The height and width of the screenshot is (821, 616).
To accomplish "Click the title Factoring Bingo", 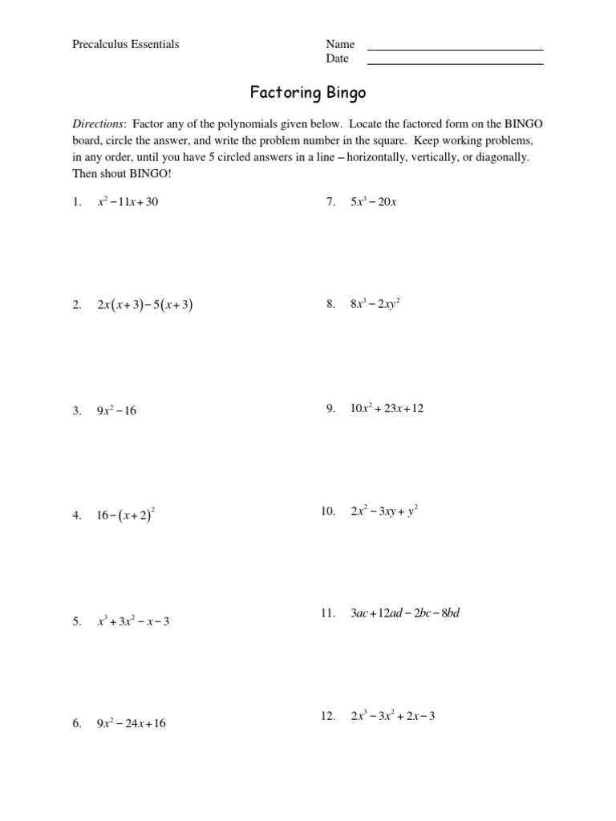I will click(x=308, y=93).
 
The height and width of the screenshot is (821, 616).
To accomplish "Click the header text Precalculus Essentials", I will click(x=126, y=44).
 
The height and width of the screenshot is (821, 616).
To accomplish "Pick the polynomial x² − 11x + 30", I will click(x=128, y=202).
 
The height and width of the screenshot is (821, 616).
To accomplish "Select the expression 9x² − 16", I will click(x=117, y=410).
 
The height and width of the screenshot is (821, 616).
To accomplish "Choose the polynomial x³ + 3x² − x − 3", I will click(x=133, y=621).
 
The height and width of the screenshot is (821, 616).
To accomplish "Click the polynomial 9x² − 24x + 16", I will click(x=132, y=723).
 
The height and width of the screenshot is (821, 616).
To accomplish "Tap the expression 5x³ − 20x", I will click(x=374, y=202).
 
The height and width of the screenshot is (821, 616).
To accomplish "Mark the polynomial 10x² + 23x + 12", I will click(x=387, y=409).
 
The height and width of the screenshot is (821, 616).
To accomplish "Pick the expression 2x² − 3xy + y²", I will click(x=384, y=511).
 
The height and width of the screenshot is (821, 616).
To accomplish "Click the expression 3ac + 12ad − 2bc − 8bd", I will click(x=405, y=613).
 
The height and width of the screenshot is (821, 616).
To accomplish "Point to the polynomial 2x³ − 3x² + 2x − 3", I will click(x=392, y=716).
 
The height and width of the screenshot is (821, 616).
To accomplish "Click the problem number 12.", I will click(x=327, y=716).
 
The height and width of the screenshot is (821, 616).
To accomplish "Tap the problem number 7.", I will click(x=330, y=202).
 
